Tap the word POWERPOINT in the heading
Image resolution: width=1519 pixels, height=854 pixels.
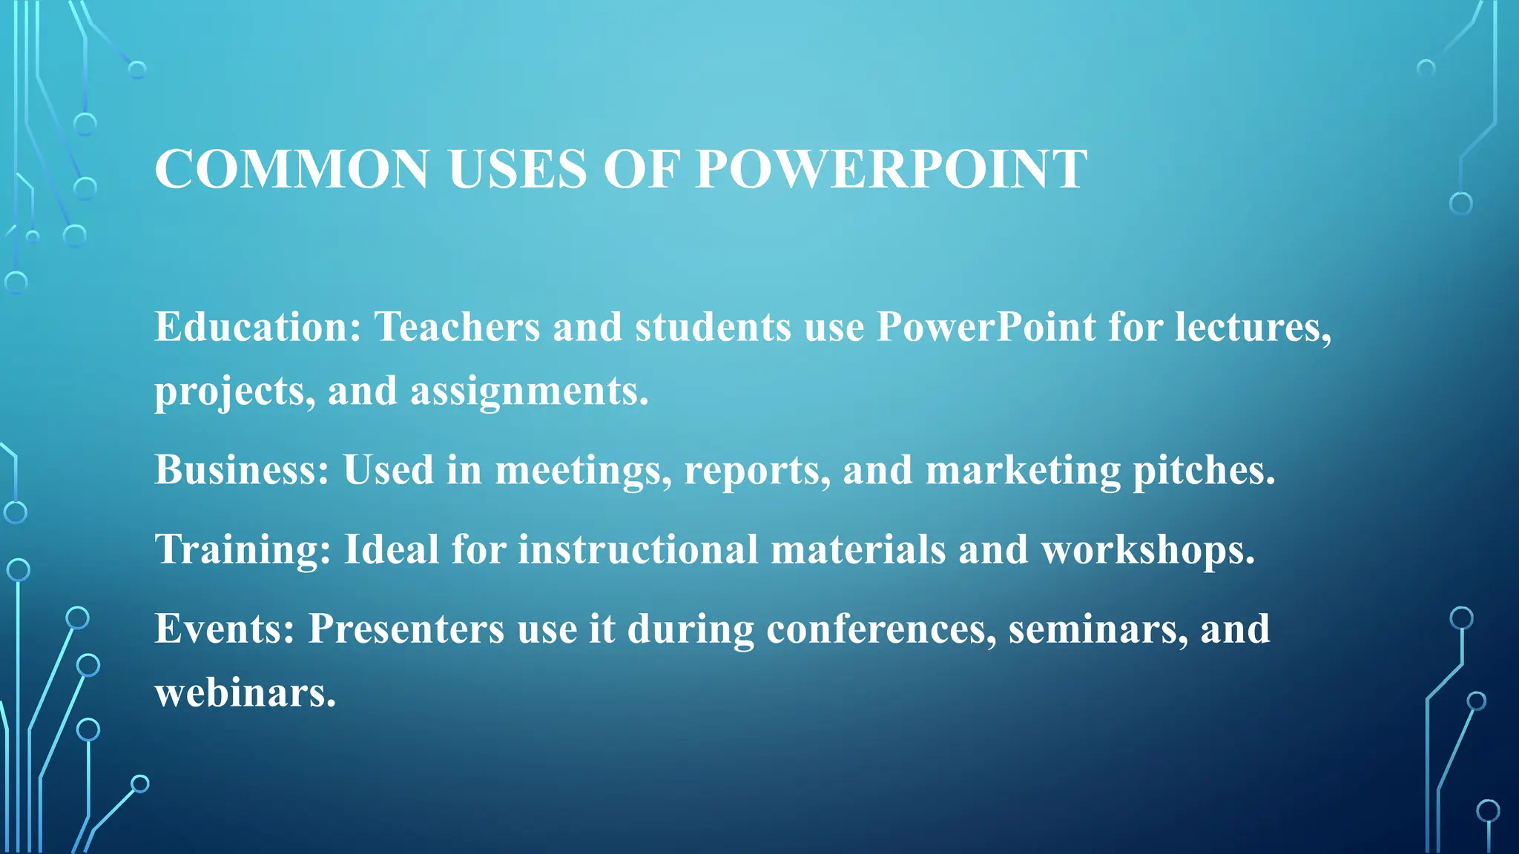(x=891, y=170)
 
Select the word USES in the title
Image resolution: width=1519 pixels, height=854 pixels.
(x=518, y=170)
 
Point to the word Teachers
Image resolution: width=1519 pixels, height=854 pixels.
(x=457, y=327)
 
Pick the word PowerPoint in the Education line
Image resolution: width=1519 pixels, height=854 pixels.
(x=986, y=327)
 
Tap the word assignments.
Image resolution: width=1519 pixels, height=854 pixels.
(x=529, y=391)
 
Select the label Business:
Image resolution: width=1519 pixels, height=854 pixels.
(x=242, y=470)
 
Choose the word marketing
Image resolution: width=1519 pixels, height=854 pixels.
(x=1023, y=470)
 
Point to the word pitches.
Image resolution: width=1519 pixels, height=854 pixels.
(x=1204, y=470)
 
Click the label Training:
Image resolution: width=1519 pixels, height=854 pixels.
(x=243, y=549)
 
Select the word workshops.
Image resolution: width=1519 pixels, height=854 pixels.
(x=1147, y=549)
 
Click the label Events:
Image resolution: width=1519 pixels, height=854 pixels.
(x=225, y=629)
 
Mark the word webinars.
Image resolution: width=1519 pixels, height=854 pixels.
(x=246, y=693)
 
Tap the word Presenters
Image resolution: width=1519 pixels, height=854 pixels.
(x=406, y=629)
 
